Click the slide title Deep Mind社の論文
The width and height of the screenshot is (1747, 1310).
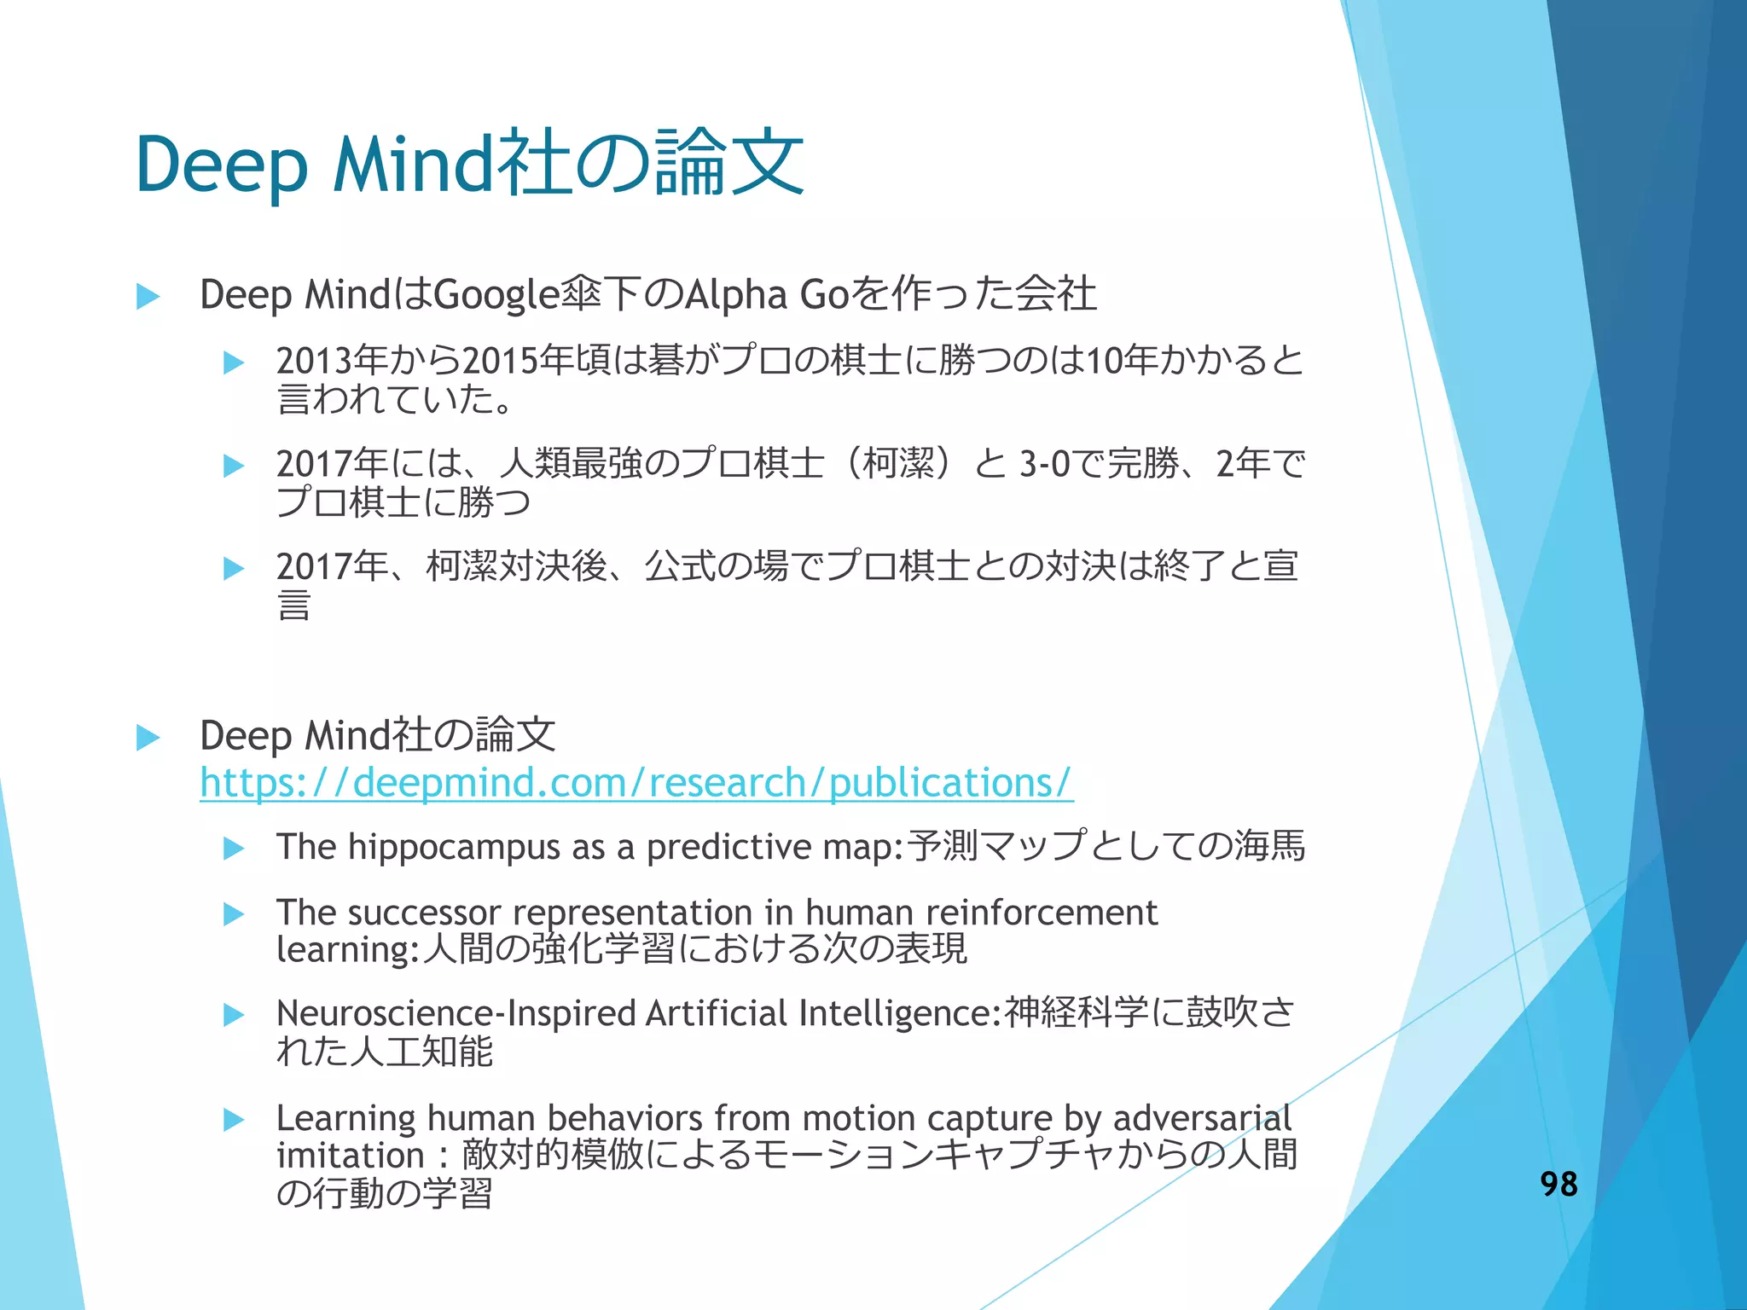pyautogui.click(x=469, y=164)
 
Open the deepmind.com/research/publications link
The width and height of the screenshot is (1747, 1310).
pyautogui.click(x=636, y=783)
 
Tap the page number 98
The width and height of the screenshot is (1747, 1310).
pyautogui.click(x=1558, y=1184)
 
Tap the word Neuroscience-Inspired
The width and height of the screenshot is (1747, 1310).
pyautogui.click(x=456, y=1013)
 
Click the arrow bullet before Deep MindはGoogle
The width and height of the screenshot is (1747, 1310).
pyautogui.click(x=148, y=297)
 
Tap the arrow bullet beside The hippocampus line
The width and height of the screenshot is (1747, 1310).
pyautogui.click(x=234, y=848)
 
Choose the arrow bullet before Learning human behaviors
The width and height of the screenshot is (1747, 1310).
pyautogui.click(x=234, y=1120)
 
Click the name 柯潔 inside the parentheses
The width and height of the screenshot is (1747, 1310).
pyautogui.click(x=898, y=464)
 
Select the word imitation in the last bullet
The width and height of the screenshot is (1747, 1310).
pyautogui.click(x=350, y=1156)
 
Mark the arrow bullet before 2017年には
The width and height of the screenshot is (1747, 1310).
pyautogui.click(x=234, y=466)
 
